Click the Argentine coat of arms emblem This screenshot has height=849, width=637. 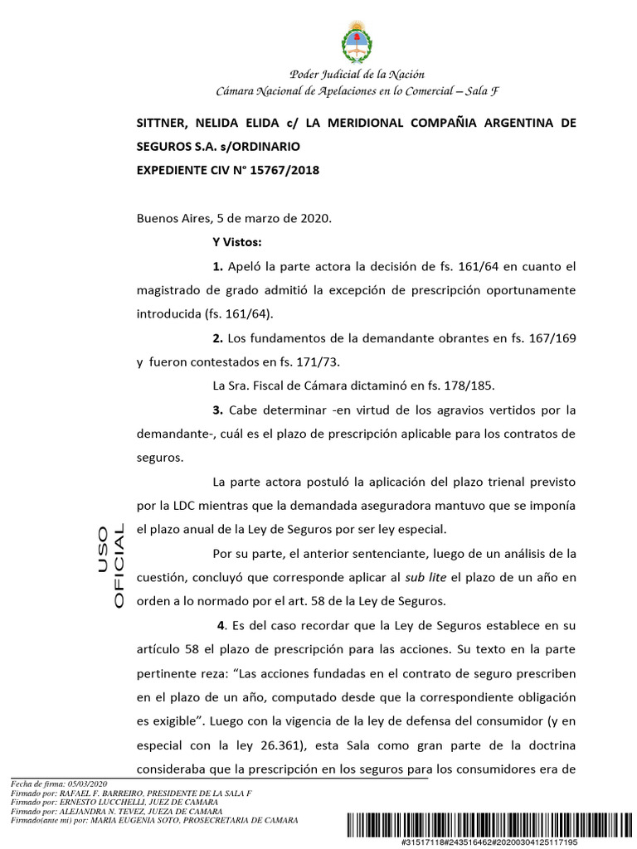point(357,42)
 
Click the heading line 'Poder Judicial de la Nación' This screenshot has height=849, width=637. point(357,75)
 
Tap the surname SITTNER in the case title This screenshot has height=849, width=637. point(161,123)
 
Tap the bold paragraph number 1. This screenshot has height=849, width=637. point(218,266)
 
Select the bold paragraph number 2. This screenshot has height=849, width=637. point(218,338)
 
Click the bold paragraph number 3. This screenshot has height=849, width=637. point(218,410)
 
